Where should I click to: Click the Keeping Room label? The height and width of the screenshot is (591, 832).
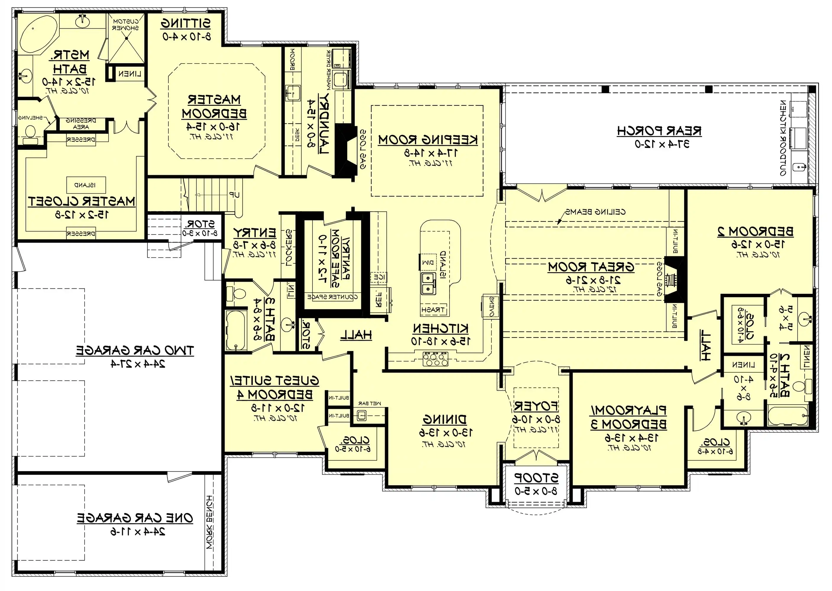click(428, 140)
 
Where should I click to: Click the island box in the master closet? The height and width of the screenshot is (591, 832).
click(86, 185)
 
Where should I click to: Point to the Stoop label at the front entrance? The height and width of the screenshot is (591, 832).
click(536, 478)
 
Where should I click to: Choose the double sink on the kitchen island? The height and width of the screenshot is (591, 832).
click(428, 284)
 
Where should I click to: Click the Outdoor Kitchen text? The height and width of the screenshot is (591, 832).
click(783, 138)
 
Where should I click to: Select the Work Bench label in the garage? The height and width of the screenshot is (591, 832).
click(210, 522)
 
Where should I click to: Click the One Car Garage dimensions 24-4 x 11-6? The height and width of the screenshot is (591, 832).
click(138, 532)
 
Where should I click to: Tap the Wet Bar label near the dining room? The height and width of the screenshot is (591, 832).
click(370, 403)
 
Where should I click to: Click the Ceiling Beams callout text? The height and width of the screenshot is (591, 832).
click(596, 212)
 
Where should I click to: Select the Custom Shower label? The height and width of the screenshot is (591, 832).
click(126, 25)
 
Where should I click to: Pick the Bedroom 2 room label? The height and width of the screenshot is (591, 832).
click(755, 231)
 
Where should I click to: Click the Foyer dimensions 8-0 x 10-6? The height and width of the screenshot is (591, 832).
click(536, 419)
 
